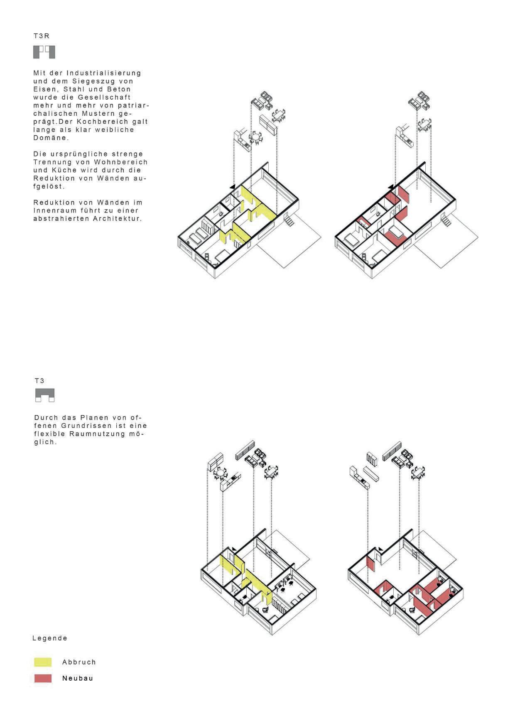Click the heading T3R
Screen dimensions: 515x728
click(42, 36)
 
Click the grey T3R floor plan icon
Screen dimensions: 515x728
click(44, 52)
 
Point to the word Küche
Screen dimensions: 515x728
click(65, 170)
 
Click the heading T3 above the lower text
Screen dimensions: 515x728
click(39, 381)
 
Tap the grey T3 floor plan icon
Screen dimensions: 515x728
click(45, 395)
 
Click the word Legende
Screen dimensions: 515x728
click(50, 638)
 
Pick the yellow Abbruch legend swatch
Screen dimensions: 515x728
click(43, 662)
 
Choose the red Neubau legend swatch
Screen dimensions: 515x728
click(43, 678)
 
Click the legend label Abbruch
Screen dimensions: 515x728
click(79, 662)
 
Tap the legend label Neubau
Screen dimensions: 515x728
click(78, 678)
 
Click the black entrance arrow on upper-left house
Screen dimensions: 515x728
click(233, 187)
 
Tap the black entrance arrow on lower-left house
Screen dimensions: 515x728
click(234, 549)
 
